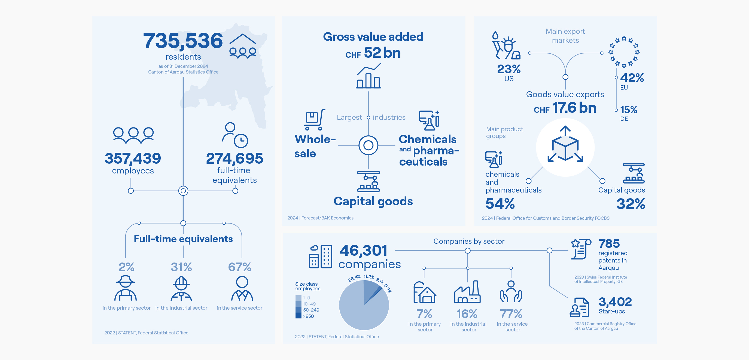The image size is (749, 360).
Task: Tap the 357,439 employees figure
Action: [133, 158]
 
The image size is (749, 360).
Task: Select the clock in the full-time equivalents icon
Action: [241, 141]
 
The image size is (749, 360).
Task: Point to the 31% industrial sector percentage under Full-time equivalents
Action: [181, 267]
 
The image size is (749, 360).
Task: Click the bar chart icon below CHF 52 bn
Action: [369, 76]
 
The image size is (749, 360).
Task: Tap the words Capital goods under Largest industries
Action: [373, 201]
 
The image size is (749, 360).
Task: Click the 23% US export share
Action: [509, 69]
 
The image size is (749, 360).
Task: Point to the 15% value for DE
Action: [629, 110]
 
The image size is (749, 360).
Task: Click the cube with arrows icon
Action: [565, 145]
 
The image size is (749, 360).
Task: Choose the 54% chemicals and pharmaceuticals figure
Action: [500, 203]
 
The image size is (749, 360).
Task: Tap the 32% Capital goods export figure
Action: [630, 204]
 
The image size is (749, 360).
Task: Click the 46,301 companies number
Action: [363, 250]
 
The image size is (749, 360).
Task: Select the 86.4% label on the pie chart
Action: [354, 278]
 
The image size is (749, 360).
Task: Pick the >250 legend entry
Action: [308, 316]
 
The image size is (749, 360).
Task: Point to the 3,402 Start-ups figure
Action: [615, 302]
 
